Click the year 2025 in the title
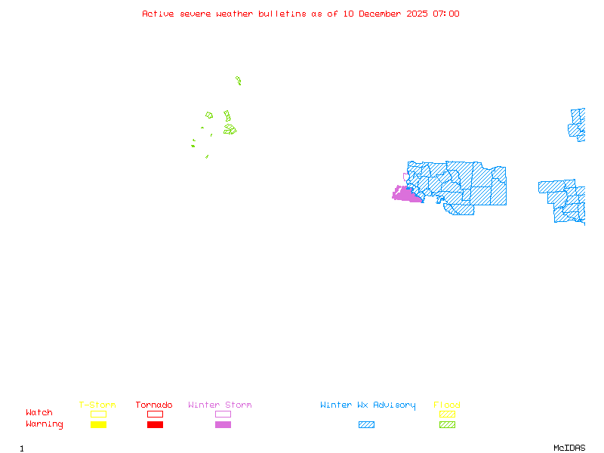tap(417, 14)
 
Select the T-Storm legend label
tap(97, 405)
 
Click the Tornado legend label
tap(154, 405)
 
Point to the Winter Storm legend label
tap(220, 405)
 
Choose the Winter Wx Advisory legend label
tap(368, 405)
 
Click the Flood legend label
tap(447, 405)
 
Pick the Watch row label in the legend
tap(39, 413)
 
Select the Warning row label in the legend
tap(45, 424)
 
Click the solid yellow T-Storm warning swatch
tap(98, 425)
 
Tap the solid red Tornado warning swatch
tap(155, 425)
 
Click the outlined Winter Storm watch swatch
tap(223, 414)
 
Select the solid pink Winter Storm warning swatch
tap(223, 425)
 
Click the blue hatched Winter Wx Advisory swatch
tap(366, 425)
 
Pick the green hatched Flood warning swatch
tap(447, 425)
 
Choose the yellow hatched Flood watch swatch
tap(447, 414)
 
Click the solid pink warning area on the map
tap(406, 195)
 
